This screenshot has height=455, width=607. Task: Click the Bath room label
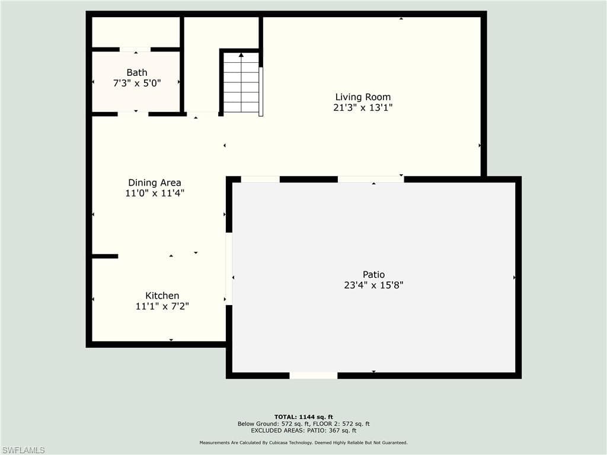tap(137, 72)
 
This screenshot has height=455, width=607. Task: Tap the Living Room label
tap(363, 97)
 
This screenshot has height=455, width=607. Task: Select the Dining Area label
tap(155, 182)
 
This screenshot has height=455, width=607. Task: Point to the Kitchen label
tap(162, 296)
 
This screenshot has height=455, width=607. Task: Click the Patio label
tap(373, 275)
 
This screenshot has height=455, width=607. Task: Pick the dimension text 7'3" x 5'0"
tap(137, 83)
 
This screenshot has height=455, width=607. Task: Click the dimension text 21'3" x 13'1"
tap(363, 107)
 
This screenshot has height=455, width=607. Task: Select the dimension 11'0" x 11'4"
tap(155, 193)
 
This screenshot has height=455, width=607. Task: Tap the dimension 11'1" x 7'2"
tap(162, 306)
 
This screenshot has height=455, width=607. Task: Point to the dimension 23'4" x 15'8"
tap(373, 285)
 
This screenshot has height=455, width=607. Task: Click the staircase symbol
tap(241, 82)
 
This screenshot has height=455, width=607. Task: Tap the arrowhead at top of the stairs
tap(241, 55)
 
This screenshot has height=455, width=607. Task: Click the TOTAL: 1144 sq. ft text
tap(303, 416)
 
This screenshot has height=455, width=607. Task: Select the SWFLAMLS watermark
tap(23, 450)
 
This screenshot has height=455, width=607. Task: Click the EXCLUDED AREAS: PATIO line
tap(303, 430)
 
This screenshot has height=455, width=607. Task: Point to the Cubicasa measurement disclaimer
tap(303, 443)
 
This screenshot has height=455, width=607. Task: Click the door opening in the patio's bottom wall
tap(314, 375)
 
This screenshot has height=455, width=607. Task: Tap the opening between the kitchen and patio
tap(229, 268)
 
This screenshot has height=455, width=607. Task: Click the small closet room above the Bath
tap(136, 32)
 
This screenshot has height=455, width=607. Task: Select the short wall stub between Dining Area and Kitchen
tap(105, 256)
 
